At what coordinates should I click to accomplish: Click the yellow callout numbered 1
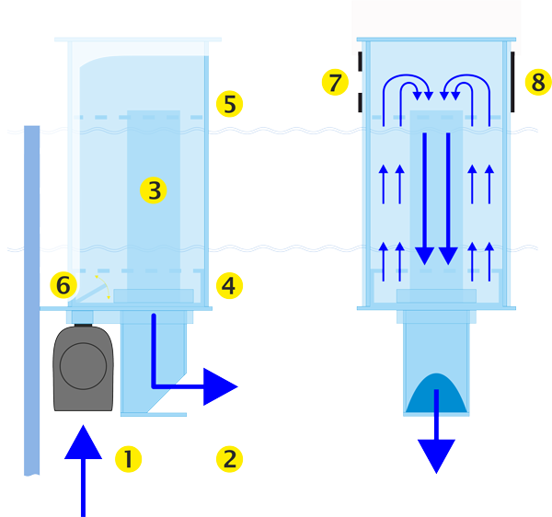tap(127, 458)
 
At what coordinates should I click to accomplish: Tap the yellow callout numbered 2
tap(228, 458)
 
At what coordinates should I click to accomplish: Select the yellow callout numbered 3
tap(153, 190)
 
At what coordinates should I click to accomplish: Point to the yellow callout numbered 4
tap(229, 285)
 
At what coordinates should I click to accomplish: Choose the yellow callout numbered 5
tap(229, 103)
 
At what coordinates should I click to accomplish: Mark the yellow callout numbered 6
tap(63, 285)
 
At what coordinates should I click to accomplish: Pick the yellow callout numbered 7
tap(335, 83)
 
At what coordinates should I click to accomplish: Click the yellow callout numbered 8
tap(537, 83)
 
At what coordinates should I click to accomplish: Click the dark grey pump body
tap(83, 368)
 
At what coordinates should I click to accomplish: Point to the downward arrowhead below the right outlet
tap(436, 454)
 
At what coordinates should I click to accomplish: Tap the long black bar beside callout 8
tap(512, 82)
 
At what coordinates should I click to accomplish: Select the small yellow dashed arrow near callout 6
tap(104, 283)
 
